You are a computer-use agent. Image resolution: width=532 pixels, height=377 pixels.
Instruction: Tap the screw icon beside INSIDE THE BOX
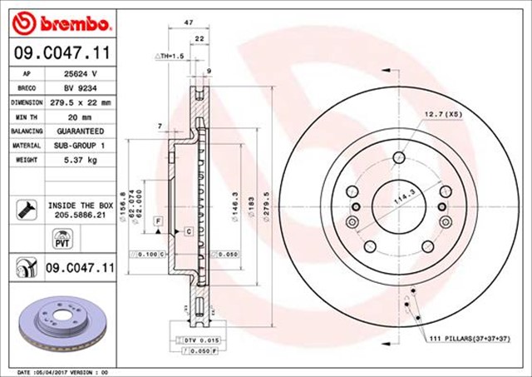point(24,208)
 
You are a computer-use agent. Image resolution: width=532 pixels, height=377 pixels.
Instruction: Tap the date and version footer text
point(62,371)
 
